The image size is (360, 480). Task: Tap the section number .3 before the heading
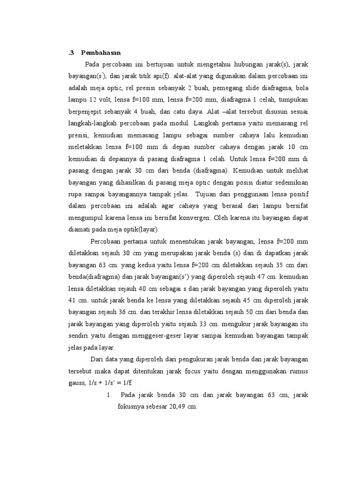71,53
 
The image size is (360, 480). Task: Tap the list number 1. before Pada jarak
109,395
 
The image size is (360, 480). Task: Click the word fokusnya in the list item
131,406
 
